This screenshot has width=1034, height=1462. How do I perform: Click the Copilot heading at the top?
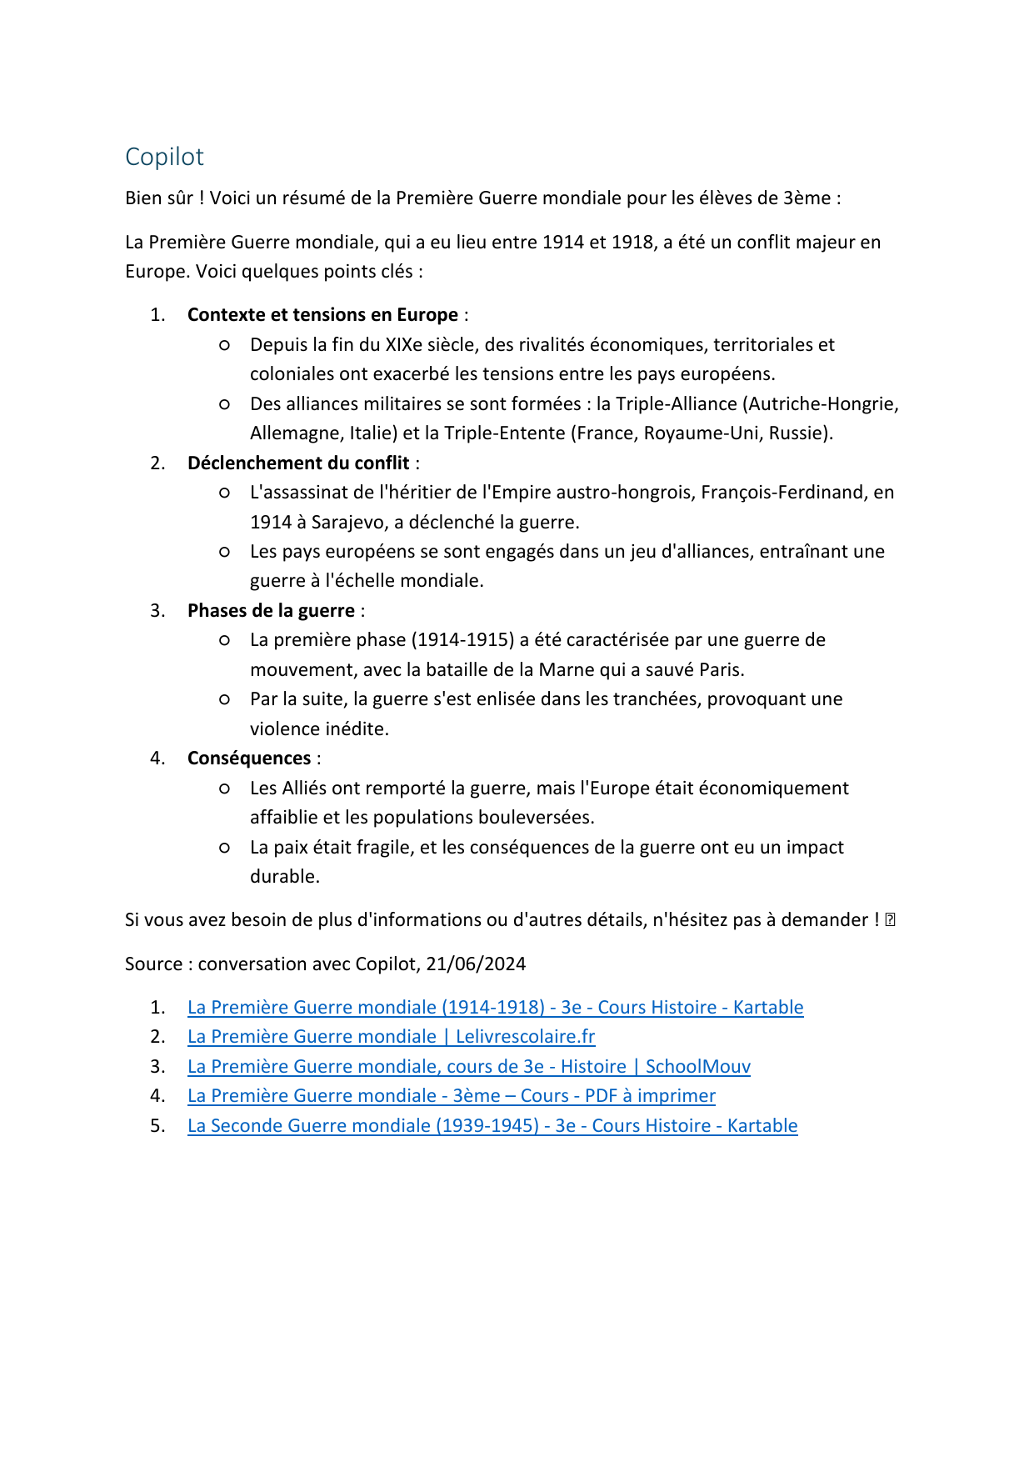[164, 157]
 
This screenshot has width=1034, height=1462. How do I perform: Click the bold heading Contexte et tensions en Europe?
[322, 315]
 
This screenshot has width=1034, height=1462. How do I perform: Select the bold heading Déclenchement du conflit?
[298, 463]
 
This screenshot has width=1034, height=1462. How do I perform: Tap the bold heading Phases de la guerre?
[271, 611]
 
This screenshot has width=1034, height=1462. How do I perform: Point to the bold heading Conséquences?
[249, 759]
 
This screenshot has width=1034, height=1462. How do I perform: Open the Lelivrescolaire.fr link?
[391, 1037]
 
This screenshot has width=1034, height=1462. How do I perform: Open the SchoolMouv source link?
[468, 1067]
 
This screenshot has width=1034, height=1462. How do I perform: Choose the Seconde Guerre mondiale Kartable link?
[492, 1126]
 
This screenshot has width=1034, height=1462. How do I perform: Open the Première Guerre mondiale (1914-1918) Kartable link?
[495, 1008]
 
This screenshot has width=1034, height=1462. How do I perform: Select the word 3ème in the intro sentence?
[807, 198]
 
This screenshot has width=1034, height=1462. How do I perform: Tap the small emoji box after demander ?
[890, 920]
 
